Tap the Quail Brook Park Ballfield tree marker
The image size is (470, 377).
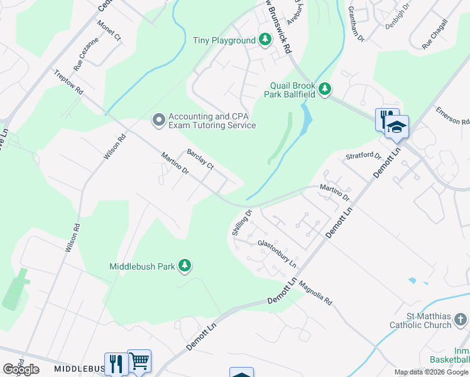click(325, 90)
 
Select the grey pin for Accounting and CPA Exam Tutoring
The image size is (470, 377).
click(158, 119)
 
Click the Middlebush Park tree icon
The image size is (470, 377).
click(184, 266)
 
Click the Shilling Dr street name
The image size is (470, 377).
click(241, 222)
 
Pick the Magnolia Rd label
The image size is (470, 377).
click(315, 292)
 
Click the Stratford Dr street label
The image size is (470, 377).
click(363, 155)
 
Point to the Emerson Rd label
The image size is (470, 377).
click(452, 116)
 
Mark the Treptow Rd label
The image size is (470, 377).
click(68, 82)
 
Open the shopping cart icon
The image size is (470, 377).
click(139, 361)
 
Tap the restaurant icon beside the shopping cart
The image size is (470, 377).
click(116, 363)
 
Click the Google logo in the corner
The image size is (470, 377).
click(21, 369)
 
